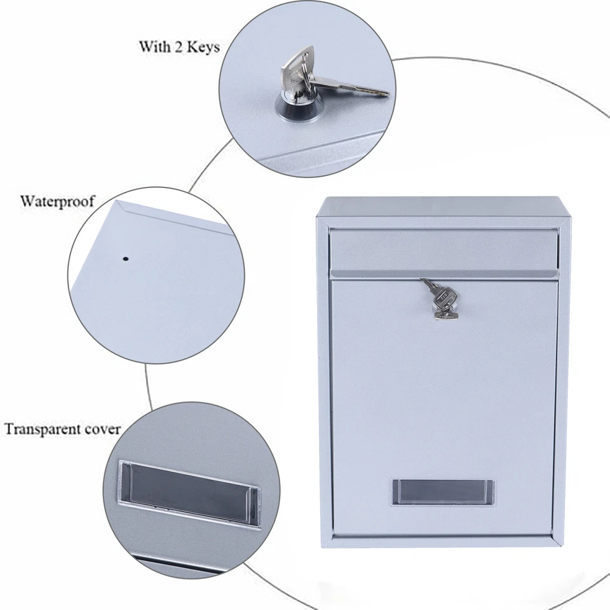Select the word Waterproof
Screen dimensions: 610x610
click(x=57, y=201)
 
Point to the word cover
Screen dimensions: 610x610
click(x=104, y=429)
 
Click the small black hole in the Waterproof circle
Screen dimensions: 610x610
click(x=125, y=259)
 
